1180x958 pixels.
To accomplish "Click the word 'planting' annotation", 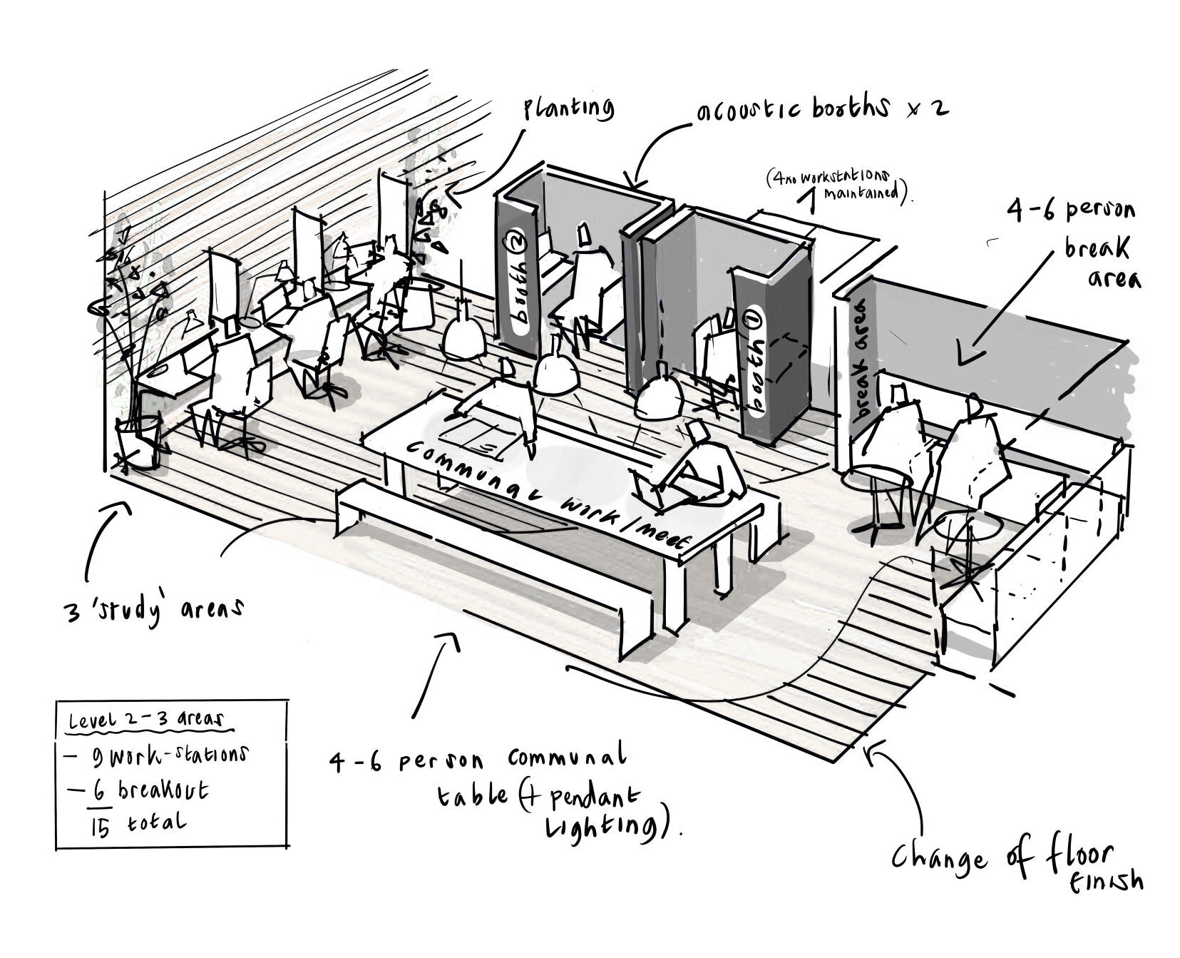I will [569, 108].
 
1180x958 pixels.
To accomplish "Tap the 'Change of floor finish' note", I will [1012, 864].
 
